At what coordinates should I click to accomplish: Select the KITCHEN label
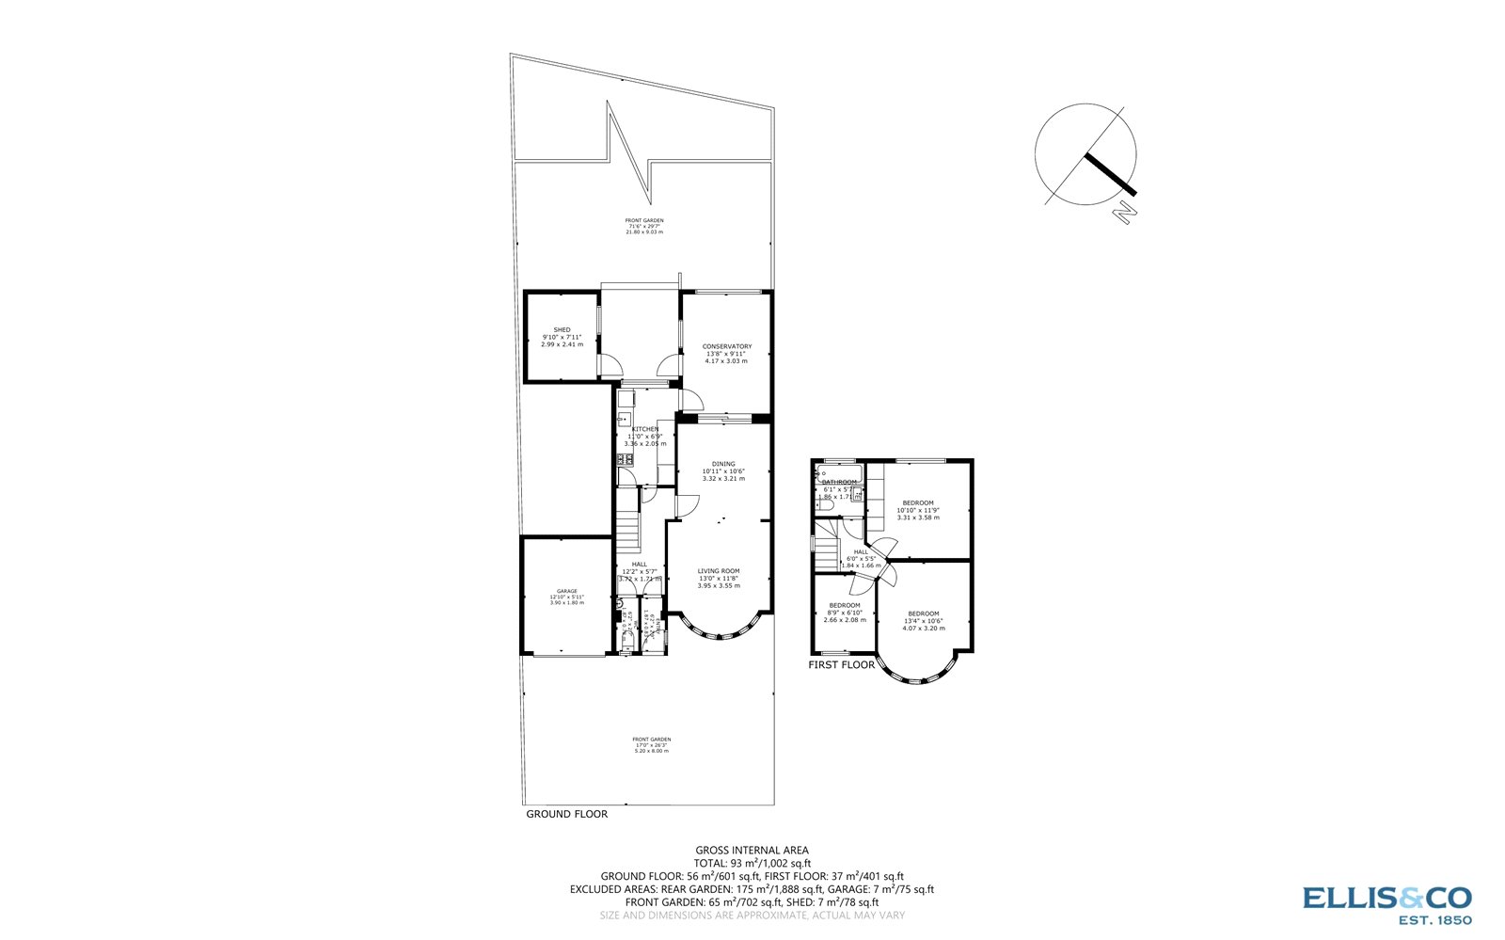644,430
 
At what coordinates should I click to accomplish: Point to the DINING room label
723,464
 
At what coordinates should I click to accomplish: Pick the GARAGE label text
566,591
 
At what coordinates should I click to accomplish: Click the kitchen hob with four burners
625,459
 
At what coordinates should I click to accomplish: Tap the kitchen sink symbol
626,398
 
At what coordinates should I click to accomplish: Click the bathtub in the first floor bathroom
839,472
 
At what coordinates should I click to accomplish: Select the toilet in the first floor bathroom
826,505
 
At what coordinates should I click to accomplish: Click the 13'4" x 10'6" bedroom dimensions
924,621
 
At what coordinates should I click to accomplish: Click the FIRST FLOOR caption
841,665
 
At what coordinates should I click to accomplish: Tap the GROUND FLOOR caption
566,814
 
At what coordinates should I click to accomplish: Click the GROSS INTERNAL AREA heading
752,850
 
